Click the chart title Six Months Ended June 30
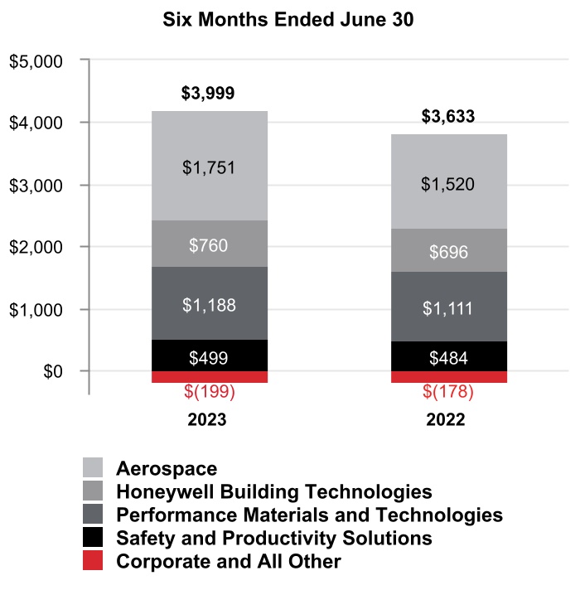pyautogui.click(x=290, y=20)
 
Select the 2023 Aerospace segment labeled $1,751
pyautogui.click(x=209, y=167)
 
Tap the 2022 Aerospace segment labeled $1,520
pyautogui.click(x=448, y=183)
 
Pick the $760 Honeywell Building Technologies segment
pyautogui.click(x=209, y=244)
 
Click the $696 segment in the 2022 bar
pyautogui.click(x=448, y=251)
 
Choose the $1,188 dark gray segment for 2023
pyautogui.click(x=209, y=304)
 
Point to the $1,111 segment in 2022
pyautogui.click(x=448, y=308)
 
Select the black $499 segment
pyautogui.click(x=209, y=357)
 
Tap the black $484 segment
pyautogui.click(x=448, y=358)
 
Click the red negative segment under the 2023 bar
pyautogui.click(x=209, y=377)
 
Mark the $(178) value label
pyautogui.click(x=448, y=390)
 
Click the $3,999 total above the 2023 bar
pyautogui.click(x=209, y=94)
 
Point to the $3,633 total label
pyautogui.click(x=448, y=117)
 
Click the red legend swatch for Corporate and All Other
pyautogui.click(x=93, y=561)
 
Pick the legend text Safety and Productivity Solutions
pyautogui.click(x=274, y=538)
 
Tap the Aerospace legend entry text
pyautogui.click(x=167, y=468)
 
